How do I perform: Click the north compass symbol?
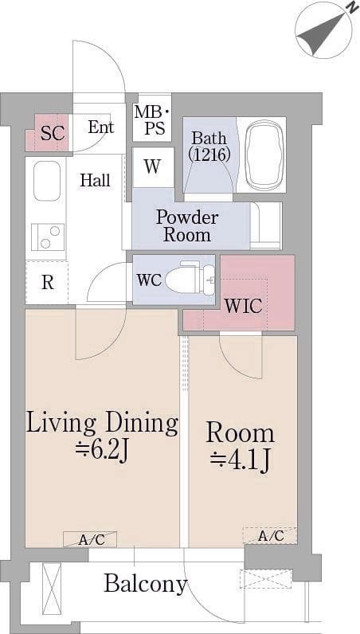coord(324,30)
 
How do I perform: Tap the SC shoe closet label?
coord(53,133)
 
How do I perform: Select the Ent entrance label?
coord(101,127)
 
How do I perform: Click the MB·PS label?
coord(152,120)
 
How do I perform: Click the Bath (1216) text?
coord(210,146)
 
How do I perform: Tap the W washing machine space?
coord(153,167)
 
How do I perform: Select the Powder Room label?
coord(187,226)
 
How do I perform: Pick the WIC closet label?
coord(244,307)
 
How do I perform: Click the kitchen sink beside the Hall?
coord(47,181)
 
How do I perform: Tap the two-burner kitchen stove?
coord(48,237)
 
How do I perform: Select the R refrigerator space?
coord(47,283)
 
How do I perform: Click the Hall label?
coord(95,180)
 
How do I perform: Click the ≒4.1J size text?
coord(240,460)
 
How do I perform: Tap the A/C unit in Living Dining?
coord(90,539)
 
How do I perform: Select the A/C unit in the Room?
coord(270,536)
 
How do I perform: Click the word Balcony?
coord(146,585)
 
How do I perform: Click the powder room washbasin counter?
coord(266,226)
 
